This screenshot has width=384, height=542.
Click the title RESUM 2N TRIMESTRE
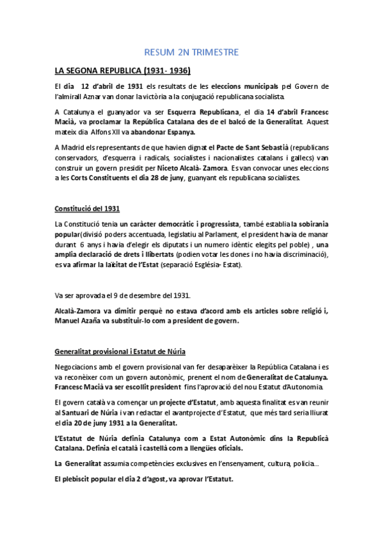click(x=192, y=51)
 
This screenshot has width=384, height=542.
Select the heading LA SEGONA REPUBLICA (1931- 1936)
click(x=122, y=69)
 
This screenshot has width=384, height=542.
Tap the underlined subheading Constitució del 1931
click(x=86, y=209)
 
